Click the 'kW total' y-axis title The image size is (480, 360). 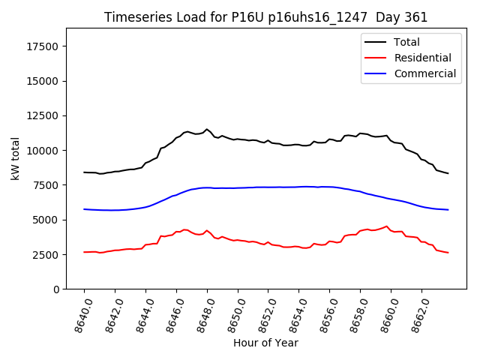point(15,158)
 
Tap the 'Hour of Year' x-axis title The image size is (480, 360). point(265,343)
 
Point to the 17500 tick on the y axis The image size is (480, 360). point(43,46)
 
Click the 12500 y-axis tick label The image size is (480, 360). point(43,116)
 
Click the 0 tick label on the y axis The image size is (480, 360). point(56,289)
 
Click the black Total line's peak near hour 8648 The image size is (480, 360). point(207,129)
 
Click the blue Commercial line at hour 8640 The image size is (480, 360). point(85,209)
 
